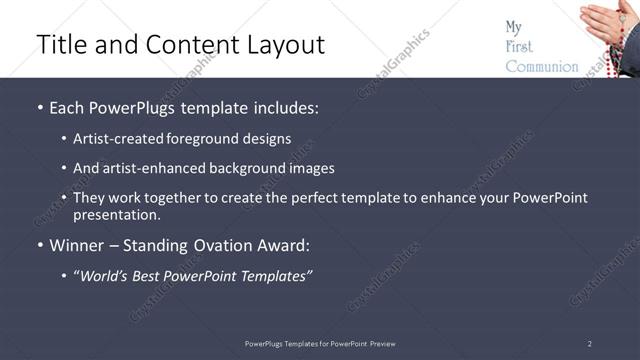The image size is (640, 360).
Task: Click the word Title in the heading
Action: (x=61, y=45)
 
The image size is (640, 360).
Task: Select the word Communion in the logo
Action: (x=541, y=67)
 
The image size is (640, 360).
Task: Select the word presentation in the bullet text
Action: (x=115, y=214)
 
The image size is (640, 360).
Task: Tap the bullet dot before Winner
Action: (x=40, y=244)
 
